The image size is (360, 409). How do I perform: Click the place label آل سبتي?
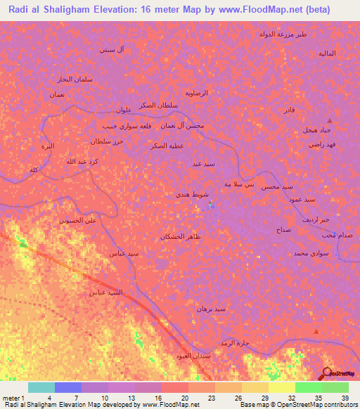click(x=112, y=50)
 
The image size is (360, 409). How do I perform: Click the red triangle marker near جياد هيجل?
click(x=329, y=121)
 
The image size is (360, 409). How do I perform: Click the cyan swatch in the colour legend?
click(x=41, y=387)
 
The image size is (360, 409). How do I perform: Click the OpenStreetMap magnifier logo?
click(x=328, y=372)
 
